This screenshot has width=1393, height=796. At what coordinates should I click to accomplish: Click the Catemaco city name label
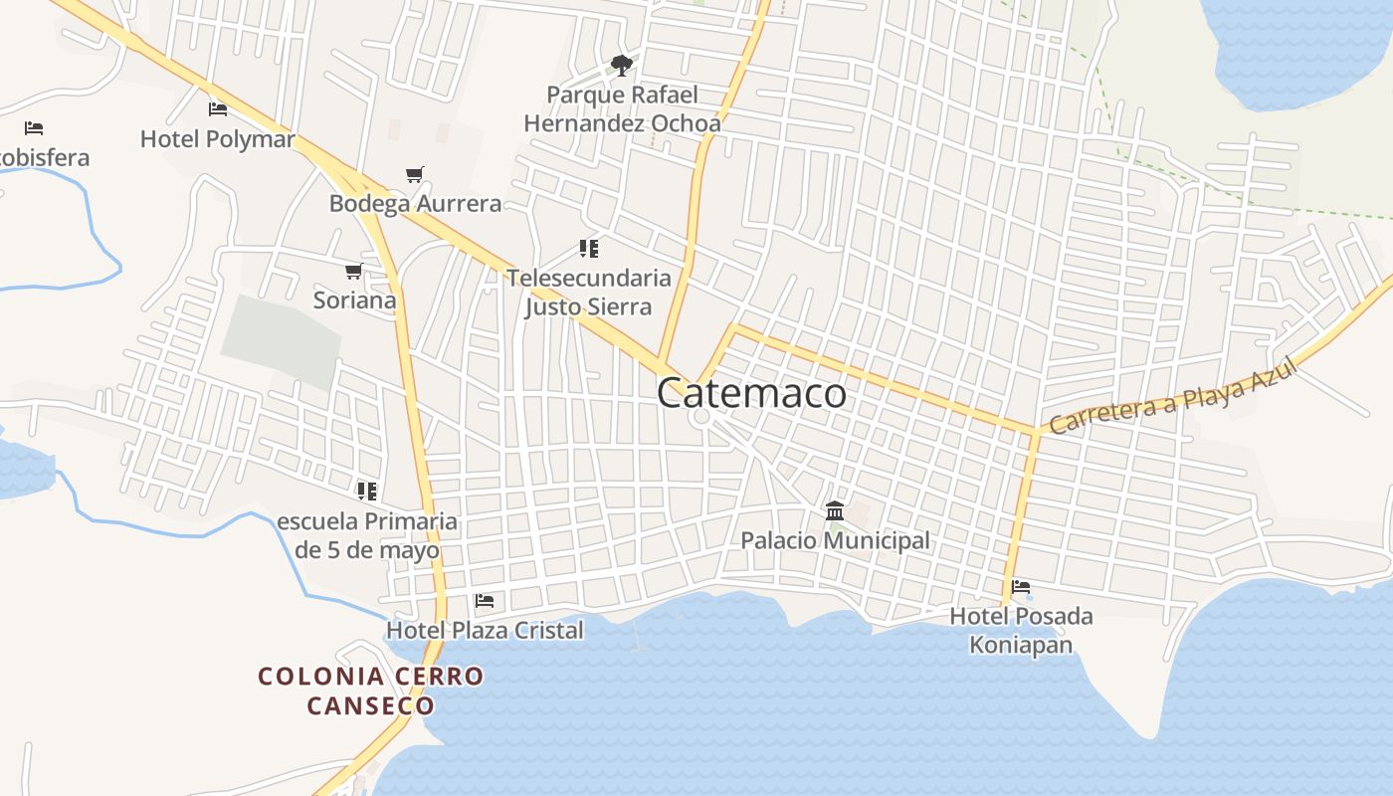pos(751,393)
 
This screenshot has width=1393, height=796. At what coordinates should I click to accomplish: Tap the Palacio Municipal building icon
pos(835,511)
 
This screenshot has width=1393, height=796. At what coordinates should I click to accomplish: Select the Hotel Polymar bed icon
pos(218,109)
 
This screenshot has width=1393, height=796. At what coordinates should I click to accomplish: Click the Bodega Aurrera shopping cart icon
pos(415,175)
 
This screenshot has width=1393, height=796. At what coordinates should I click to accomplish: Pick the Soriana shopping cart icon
pos(353,272)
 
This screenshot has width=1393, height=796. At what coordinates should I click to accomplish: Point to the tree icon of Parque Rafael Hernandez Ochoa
pos(622,67)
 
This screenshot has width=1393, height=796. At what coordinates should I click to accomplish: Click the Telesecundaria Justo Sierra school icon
pos(589,249)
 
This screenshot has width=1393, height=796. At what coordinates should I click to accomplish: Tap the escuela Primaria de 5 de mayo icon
pos(367,492)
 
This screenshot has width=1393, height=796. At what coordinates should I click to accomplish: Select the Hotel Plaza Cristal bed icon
pos(485,601)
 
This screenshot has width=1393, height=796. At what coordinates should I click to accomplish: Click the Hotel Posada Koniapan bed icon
pos(1020,587)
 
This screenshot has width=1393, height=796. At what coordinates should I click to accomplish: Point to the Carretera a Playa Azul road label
pos(1174,397)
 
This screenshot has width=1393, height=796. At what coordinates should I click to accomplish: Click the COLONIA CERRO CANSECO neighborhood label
pos(370,691)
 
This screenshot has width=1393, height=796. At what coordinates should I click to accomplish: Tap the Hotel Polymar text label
pos(218,139)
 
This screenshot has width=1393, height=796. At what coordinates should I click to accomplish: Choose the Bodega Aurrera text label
pos(416,204)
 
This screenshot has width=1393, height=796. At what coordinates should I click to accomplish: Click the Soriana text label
pos(354,299)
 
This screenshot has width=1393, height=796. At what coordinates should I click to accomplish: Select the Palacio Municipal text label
pos(835,540)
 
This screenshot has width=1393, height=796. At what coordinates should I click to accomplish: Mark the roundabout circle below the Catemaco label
pos(701,417)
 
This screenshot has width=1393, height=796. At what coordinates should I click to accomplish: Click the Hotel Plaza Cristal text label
pos(485,630)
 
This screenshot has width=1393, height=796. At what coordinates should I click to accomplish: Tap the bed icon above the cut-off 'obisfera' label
pos(34,128)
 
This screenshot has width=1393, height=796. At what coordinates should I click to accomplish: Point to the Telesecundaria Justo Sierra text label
pos(588,292)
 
